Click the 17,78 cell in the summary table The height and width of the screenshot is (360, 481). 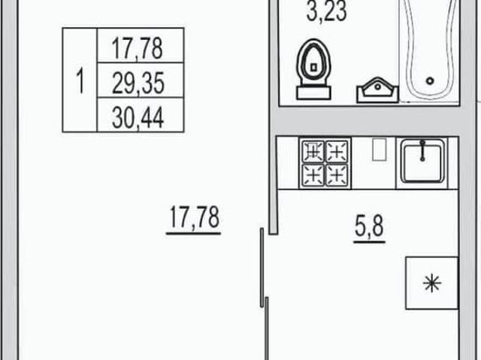(x=141, y=45)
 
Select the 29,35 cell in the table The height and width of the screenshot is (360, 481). (x=141, y=80)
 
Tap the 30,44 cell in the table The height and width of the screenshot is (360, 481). (x=141, y=115)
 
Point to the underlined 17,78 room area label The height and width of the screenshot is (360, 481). (x=194, y=219)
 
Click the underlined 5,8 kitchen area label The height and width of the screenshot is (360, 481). (x=369, y=228)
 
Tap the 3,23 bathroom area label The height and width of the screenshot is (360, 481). (x=327, y=11)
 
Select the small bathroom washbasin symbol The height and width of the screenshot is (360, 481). (x=377, y=90)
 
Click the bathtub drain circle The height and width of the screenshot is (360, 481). (x=430, y=81)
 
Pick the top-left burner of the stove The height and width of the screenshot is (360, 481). (x=313, y=151)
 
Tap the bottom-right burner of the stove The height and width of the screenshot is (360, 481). (x=337, y=175)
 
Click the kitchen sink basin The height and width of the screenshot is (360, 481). (x=422, y=163)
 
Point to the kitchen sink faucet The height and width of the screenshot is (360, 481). (x=422, y=150)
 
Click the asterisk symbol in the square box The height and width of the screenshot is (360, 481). (x=432, y=283)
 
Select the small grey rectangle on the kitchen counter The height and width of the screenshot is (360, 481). (x=379, y=150)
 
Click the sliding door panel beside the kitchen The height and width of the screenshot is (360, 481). (x=262, y=268)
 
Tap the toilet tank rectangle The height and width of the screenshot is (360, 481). (x=313, y=93)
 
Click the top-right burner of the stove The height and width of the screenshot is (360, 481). (x=337, y=151)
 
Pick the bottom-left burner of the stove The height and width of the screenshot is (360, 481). (x=313, y=175)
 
